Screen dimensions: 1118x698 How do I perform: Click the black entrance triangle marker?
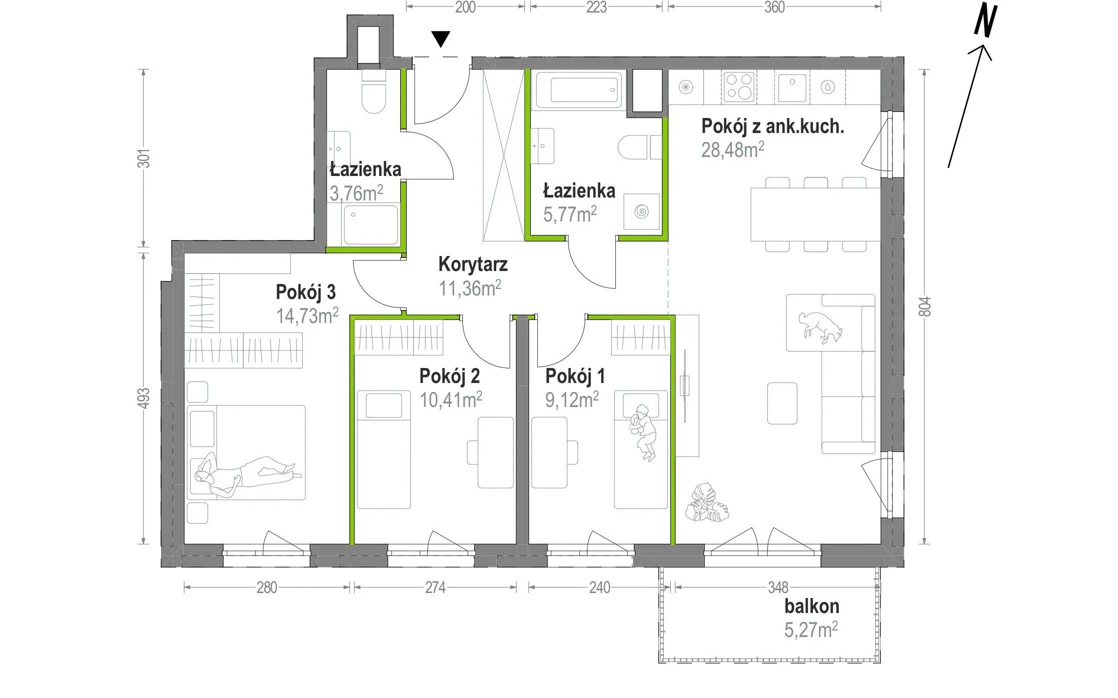click(x=441, y=38)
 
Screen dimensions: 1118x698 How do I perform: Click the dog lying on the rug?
click(x=820, y=326)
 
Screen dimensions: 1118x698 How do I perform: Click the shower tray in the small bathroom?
click(x=371, y=224)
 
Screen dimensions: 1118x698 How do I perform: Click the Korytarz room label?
click(x=473, y=264)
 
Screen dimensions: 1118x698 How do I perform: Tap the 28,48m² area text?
click(x=732, y=149)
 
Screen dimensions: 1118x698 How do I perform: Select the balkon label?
click(x=811, y=606)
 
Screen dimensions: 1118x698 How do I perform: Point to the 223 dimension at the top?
click(x=596, y=7)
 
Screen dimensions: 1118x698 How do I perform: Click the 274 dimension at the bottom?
click(x=435, y=587)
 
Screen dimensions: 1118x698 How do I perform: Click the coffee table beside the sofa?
click(x=782, y=403)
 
